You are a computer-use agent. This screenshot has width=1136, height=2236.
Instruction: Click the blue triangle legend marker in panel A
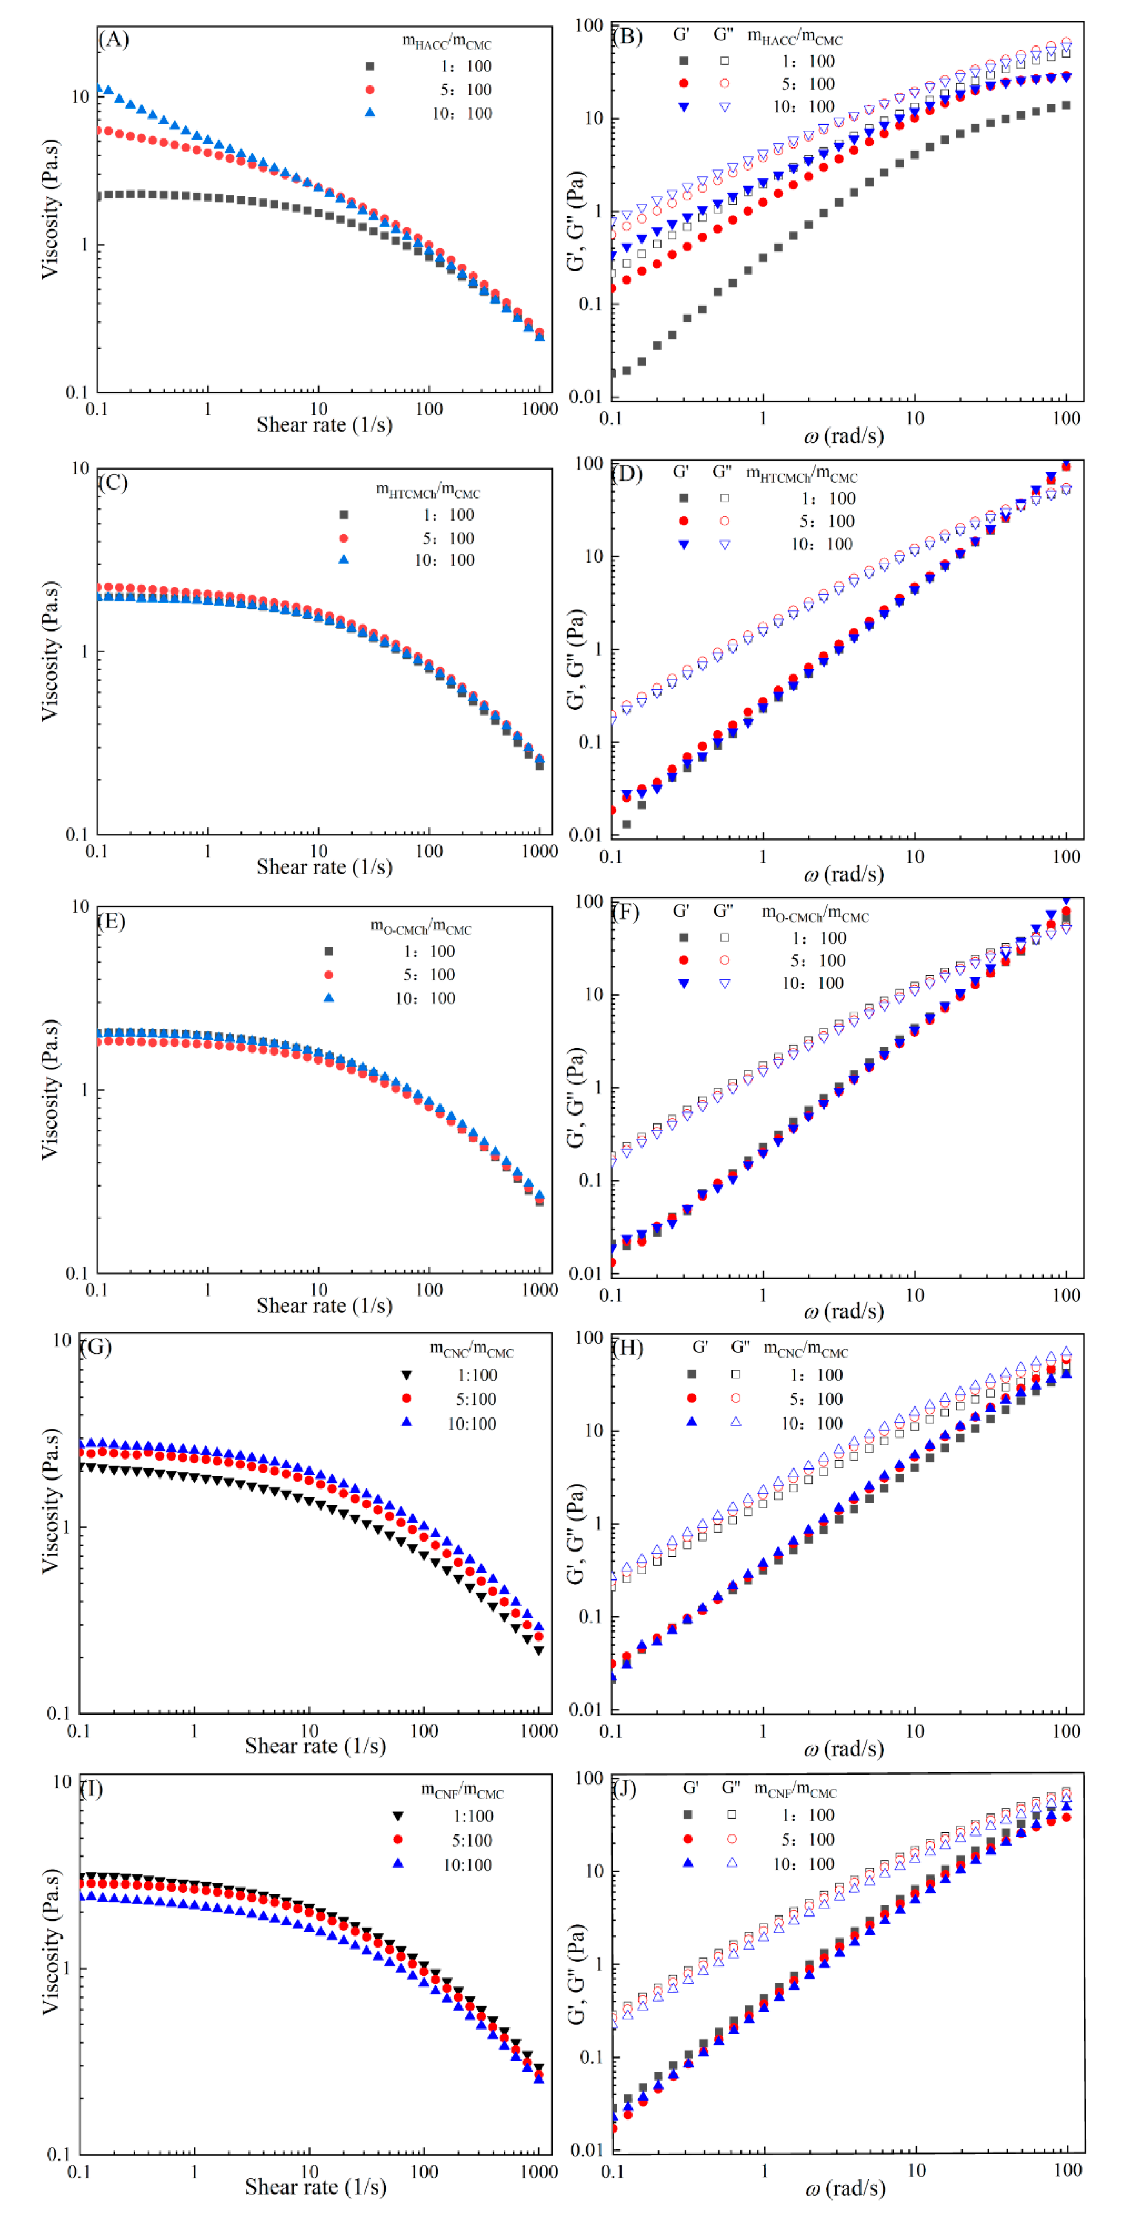pos(370,112)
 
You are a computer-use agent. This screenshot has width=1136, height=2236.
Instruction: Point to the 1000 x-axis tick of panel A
pos(539,409)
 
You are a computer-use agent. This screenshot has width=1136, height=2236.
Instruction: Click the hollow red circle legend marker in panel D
pos(724,521)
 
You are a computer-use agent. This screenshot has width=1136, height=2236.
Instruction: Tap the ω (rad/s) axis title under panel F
pos(843,1311)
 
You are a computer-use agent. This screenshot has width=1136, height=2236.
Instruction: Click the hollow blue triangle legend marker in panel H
pos(736,1422)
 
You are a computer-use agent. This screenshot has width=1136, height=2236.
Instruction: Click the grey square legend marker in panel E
pos(328,952)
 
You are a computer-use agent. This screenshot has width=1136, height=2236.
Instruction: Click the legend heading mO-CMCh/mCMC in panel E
pos(421,927)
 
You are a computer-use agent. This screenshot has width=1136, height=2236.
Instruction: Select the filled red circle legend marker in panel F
pos(683,960)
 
